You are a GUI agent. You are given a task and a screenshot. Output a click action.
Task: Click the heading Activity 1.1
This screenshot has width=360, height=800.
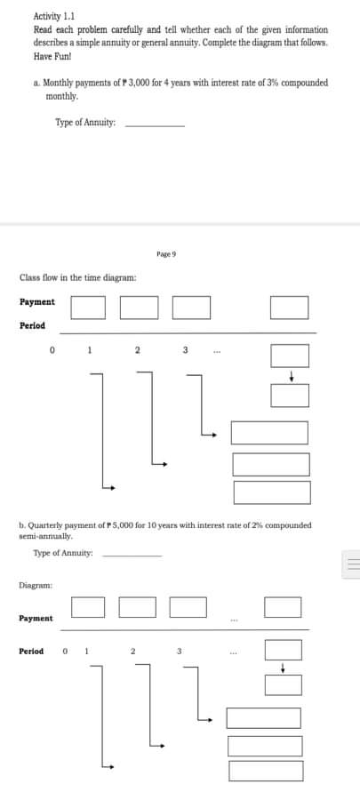53,16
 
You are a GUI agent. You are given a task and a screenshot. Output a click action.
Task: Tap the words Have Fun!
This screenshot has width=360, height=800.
50,55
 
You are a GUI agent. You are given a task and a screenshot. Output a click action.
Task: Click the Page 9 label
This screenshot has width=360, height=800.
166,254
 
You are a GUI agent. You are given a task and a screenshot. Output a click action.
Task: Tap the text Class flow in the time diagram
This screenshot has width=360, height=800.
78,278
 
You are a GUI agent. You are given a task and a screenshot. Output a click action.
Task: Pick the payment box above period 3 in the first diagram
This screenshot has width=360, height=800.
191,307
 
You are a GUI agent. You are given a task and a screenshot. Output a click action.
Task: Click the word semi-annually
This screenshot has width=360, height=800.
52,536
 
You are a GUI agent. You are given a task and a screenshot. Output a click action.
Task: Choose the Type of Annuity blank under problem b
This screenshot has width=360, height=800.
132,555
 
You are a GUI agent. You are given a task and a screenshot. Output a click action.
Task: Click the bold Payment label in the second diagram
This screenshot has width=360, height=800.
36,618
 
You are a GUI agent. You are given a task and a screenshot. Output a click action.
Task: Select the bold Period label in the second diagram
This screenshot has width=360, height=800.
31,652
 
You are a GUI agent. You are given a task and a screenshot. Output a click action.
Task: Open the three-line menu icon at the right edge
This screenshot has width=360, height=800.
351,564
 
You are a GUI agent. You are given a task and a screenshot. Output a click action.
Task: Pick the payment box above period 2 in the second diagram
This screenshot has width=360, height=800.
137,607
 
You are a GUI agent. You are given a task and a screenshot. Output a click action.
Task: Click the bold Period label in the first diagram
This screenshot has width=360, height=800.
32,325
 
